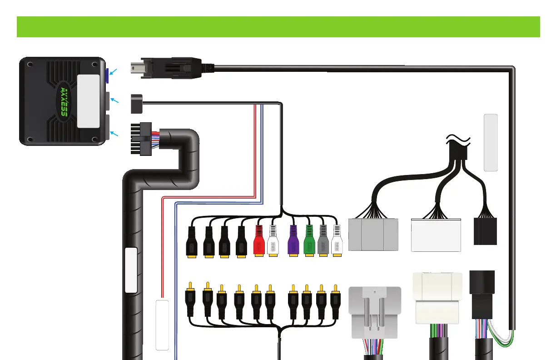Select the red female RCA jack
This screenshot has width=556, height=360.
(258, 241)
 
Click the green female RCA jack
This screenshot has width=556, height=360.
(309, 241)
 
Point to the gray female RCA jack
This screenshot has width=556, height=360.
(323, 241)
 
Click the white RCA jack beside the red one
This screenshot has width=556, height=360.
(273, 241)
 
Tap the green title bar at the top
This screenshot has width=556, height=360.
(278, 27)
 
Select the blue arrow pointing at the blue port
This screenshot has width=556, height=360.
(113, 71)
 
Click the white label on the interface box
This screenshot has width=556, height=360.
(88, 101)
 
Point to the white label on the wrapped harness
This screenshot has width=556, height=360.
(131, 270)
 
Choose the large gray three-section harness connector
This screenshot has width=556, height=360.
(373, 234)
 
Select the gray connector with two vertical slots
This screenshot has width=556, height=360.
(375, 313)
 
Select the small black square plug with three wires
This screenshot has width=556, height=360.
(136, 104)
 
